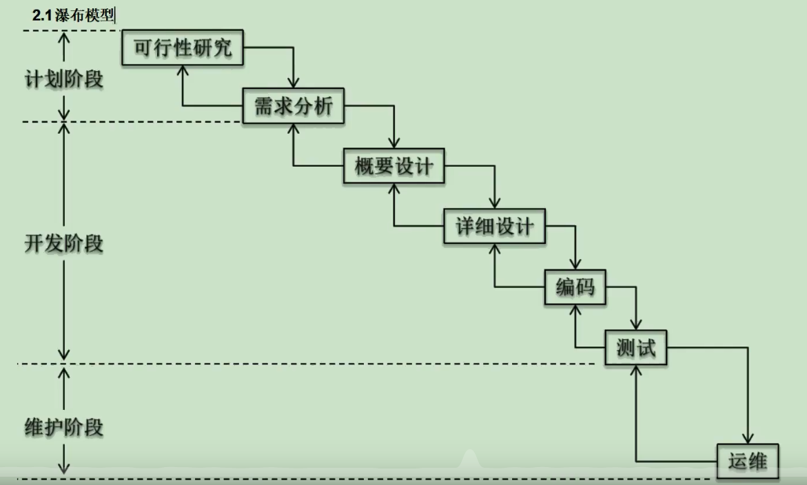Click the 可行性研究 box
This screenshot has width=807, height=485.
click(183, 48)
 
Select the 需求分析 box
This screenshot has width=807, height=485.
click(294, 107)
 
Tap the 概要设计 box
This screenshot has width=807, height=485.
click(394, 166)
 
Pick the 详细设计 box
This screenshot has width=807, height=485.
click(495, 226)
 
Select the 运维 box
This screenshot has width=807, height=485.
click(748, 461)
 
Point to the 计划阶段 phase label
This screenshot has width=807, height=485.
click(63, 79)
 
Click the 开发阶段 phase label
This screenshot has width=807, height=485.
click(63, 243)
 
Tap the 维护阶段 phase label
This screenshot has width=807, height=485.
click(63, 427)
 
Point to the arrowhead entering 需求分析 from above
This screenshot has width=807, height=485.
click(294, 83)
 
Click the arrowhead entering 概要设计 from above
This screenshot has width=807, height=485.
click(394, 143)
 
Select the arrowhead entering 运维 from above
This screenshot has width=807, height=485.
click(748, 438)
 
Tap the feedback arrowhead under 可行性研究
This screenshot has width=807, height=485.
click(183, 71)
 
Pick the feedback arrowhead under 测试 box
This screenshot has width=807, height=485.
click(636, 371)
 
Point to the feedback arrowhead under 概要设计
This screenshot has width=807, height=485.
click(394, 189)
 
